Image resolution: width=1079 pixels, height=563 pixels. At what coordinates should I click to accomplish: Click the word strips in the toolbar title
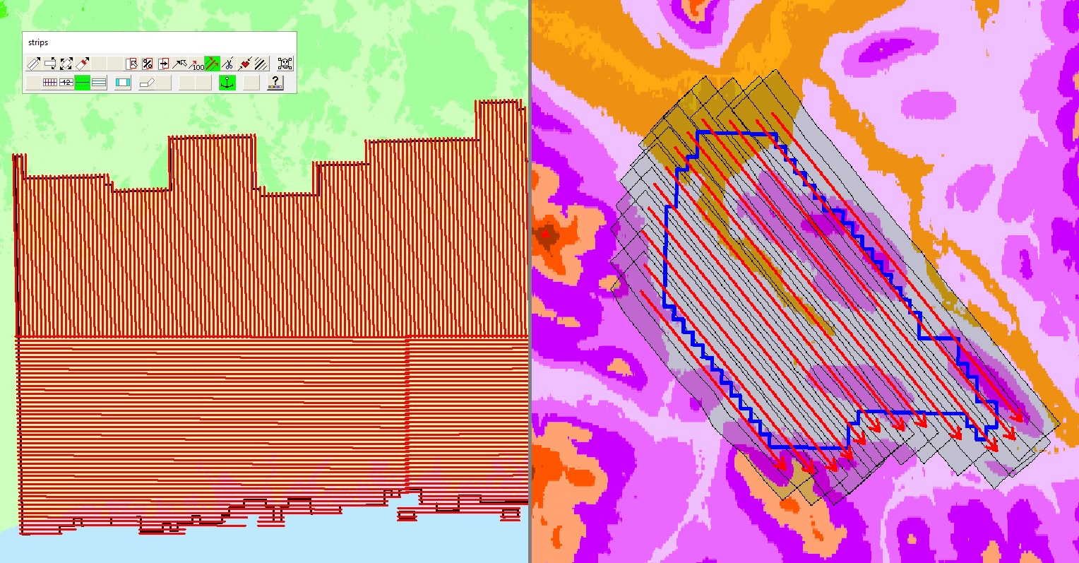point(38,42)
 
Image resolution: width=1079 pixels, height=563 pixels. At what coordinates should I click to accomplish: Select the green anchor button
point(227,83)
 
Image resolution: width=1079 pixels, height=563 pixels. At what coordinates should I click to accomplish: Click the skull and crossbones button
point(285,64)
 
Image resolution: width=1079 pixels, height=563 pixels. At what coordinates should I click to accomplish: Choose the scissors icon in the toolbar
point(227,64)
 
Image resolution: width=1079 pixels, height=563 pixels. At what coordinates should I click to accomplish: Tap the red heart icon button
point(244,64)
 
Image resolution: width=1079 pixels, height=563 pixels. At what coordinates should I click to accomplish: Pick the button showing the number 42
point(66,83)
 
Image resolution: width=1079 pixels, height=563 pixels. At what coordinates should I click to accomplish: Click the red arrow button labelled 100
point(196,64)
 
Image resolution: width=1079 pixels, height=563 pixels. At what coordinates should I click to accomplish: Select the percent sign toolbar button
point(148,64)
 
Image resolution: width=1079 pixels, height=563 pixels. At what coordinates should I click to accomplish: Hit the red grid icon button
point(50,83)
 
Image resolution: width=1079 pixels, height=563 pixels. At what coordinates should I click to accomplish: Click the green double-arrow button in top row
point(212,64)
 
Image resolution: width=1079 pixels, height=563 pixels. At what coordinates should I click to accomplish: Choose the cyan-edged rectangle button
point(123,83)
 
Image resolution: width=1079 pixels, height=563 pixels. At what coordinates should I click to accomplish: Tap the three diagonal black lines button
point(261,64)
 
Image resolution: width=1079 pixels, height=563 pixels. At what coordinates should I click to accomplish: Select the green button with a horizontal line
point(83,83)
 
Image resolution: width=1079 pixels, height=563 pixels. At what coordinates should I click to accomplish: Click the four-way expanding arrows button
point(66,64)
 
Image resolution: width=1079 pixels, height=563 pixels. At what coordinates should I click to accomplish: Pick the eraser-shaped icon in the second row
point(146,83)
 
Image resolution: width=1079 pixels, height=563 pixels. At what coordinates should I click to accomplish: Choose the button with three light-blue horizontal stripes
point(99,83)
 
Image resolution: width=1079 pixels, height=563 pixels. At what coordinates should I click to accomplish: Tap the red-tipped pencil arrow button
point(83,64)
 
